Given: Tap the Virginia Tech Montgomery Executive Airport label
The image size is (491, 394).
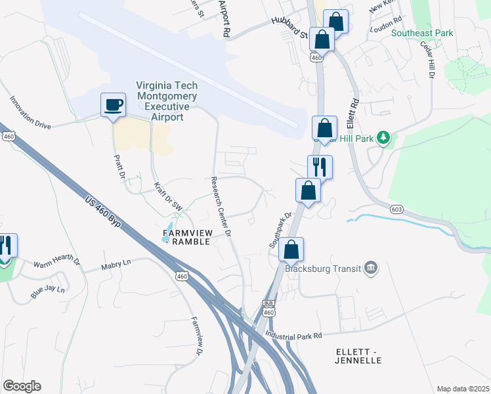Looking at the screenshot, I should coord(166,101).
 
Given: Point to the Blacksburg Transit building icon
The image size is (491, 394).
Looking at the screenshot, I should coord(372,267).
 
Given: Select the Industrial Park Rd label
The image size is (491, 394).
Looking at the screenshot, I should coord(293,336).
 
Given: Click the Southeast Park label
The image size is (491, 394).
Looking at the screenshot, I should coord(422,33).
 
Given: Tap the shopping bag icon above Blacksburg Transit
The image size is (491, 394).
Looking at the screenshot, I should coord(291,250).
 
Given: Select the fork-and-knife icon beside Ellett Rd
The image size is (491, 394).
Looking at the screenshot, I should coord(320,167).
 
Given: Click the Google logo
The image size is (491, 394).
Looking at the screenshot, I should coord(22,386).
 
